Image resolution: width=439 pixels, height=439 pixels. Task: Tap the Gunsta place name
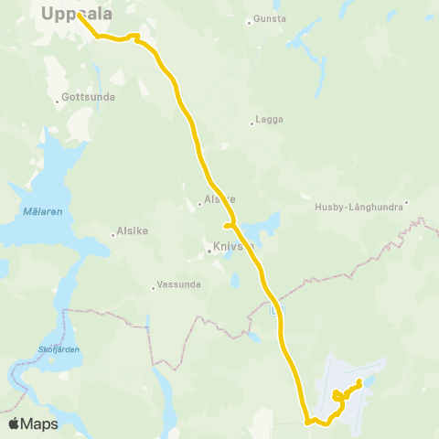270,18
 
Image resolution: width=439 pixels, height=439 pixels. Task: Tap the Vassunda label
179,284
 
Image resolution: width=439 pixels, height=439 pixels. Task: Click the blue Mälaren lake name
43,212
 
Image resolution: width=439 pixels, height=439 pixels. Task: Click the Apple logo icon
14,424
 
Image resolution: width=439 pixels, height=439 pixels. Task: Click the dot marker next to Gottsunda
57,101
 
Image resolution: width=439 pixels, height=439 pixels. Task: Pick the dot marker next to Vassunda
154,288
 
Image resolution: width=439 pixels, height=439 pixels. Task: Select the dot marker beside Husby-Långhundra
407,204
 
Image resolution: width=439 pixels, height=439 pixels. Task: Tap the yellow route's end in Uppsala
70,15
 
